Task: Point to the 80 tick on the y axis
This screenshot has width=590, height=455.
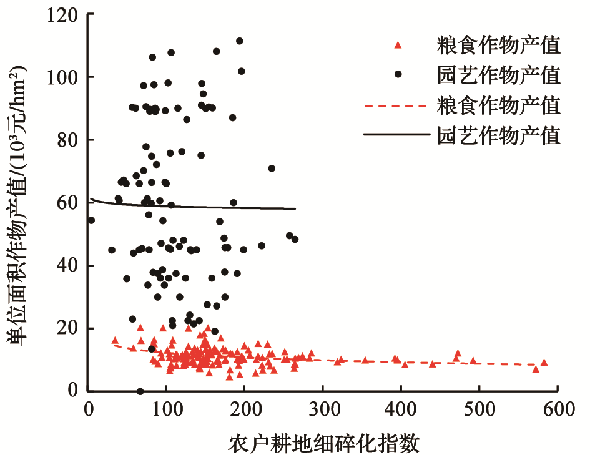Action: pyautogui.click(x=67, y=140)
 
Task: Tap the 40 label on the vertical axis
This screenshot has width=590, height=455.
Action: pyautogui.click(x=67, y=265)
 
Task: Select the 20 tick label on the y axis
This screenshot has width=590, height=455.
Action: pyautogui.click(x=67, y=328)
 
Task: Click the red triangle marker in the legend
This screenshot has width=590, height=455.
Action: pyautogui.click(x=398, y=45)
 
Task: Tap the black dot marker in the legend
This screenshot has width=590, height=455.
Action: pyautogui.click(x=398, y=74)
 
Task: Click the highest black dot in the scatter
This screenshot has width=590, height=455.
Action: pyautogui.click(x=239, y=41)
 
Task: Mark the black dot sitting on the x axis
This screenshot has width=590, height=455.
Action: pyautogui.click(x=140, y=391)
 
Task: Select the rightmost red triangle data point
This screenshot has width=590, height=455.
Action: pyautogui.click(x=544, y=362)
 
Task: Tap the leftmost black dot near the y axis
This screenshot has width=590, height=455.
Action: pyautogui.click(x=91, y=220)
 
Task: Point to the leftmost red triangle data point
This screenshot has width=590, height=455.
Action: pyautogui.click(x=115, y=340)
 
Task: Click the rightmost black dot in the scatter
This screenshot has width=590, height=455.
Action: pyautogui.click(x=295, y=239)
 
